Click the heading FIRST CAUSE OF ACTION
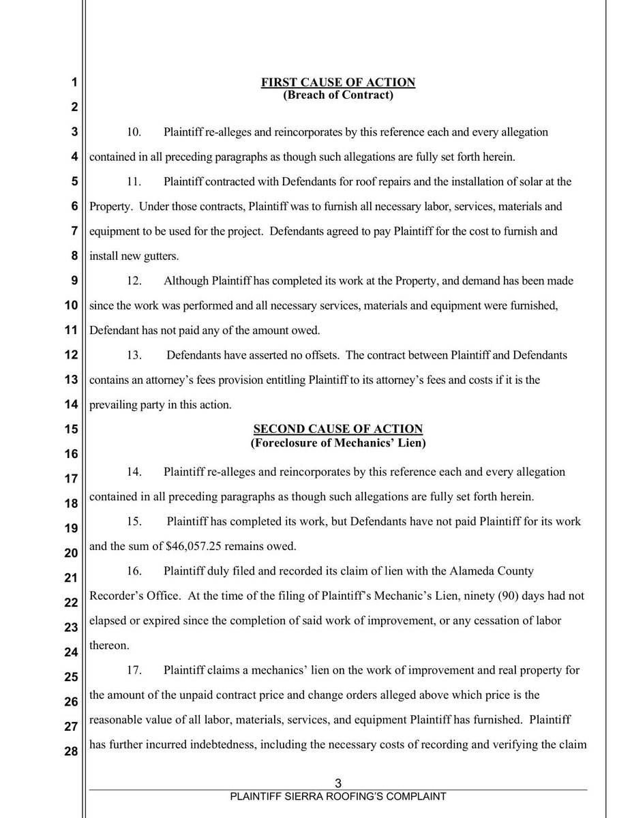pyautogui.click(x=338, y=83)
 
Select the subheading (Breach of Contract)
pyautogui.click(x=338, y=95)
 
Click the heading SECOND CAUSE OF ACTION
pyautogui.click(x=338, y=429)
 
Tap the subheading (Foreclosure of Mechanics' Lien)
pyautogui.click(x=338, y=442)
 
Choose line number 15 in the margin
pyautogui.click(x=71, y=429)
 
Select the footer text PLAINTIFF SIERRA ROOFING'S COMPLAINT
pyautogui.click(x=338, y=796)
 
